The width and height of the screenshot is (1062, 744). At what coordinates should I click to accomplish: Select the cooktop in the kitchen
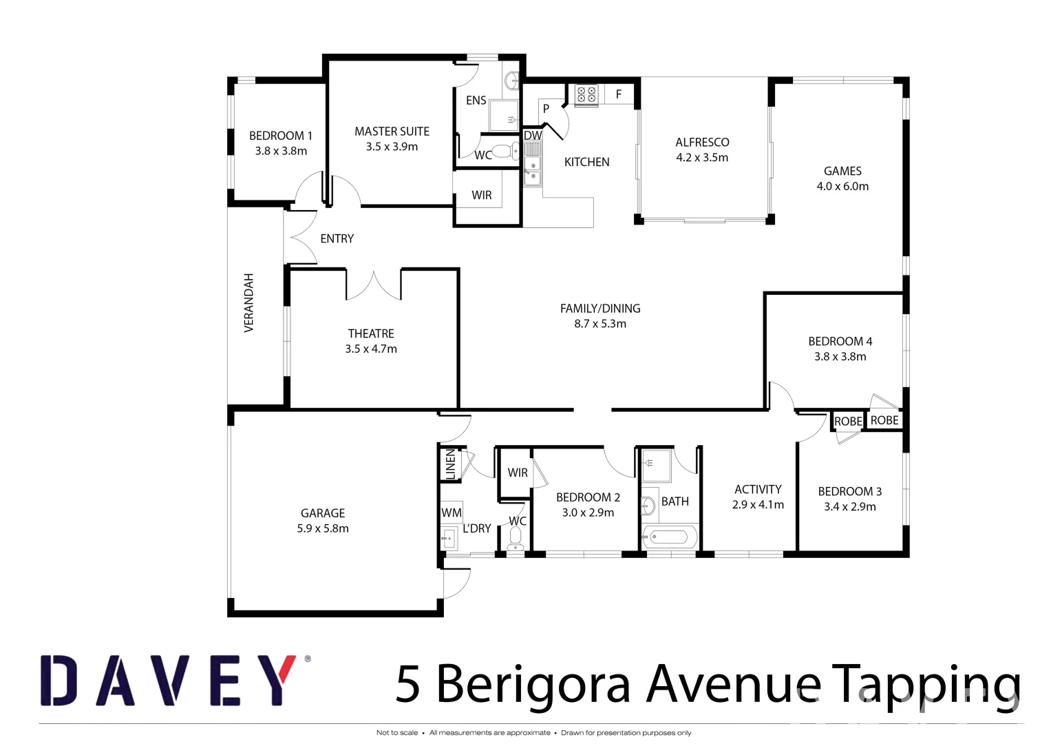pos(586,94)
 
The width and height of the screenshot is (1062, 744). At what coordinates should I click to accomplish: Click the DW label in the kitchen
pos(533,136)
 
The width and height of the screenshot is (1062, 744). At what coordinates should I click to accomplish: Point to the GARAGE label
pos(322,513)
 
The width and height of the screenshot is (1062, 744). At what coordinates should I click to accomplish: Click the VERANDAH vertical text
pos(249,303)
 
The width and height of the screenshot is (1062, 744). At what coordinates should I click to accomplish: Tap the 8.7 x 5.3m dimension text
pos(600,324)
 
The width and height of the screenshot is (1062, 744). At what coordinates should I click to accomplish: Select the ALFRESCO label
pos(702,143)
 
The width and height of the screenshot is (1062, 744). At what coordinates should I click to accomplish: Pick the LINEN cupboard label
pos(451,464)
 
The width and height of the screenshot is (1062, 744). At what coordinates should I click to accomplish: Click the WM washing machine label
pos(452,513)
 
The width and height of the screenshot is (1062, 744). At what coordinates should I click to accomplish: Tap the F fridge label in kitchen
pos(619,94)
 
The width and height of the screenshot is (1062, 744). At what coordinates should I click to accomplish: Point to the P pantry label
pos(546,109)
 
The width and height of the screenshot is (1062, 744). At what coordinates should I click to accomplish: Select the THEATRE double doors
pos(373,285)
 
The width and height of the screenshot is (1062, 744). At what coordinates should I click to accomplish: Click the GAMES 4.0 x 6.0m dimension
pos(842,187)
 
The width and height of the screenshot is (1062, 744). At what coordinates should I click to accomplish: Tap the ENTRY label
pos(337,238)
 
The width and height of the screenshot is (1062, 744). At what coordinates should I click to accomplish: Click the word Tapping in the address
pos(926,685)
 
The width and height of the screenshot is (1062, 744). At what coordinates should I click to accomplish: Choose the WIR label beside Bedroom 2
pos(518,473)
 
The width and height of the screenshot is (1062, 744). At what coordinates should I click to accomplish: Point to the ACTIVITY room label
pos(758,489)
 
